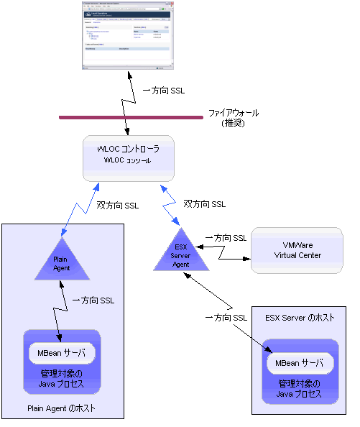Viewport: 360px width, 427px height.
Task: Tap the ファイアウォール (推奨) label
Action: pyautogui.click(x=233, y=119)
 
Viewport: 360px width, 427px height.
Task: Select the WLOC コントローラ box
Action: pyautogui.click(x=128, y=157)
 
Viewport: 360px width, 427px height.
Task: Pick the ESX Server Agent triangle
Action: pyautogui.click(x=180, y=254)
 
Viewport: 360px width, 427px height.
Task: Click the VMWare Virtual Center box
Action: pyautogui.click(x=297, y=250)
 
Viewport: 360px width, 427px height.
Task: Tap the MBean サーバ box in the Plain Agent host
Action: pyautogui.click(x=61, y=354)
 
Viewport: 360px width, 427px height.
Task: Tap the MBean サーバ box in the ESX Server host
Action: pyautogui.click(x=299, y=363)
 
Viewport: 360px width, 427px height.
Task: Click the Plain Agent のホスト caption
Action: pyautogui.click(x=61, y=409)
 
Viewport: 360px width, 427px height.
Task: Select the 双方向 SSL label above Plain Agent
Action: pyautogui.click(x=117, y=205)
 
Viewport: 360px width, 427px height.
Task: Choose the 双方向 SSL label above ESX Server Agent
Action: pyautogui.click(x=204, y=203)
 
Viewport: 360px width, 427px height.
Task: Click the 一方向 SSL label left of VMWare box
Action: pyautogui.click(x=226, y=237)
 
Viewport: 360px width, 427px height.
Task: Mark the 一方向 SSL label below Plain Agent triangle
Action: pyautogui.click(x=93, y=300)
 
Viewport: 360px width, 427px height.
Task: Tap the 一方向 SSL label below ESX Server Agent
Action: pyautogui.click(x=227, y=317)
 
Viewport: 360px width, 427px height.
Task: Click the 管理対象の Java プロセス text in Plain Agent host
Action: pyautogui.click(x=61, y=378)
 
